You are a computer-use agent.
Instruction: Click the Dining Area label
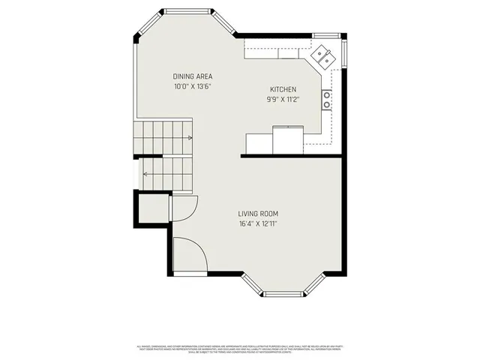193,76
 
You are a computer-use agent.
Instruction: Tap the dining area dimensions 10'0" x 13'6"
193,86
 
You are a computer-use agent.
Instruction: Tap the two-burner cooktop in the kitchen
327,100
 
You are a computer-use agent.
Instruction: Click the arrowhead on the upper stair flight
190,138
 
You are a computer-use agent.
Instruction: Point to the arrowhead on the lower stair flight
145,174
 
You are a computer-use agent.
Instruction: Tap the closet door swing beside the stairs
185,206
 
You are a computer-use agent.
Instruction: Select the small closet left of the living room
152,208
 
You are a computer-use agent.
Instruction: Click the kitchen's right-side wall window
344,52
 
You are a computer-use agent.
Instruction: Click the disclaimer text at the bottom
240,349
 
